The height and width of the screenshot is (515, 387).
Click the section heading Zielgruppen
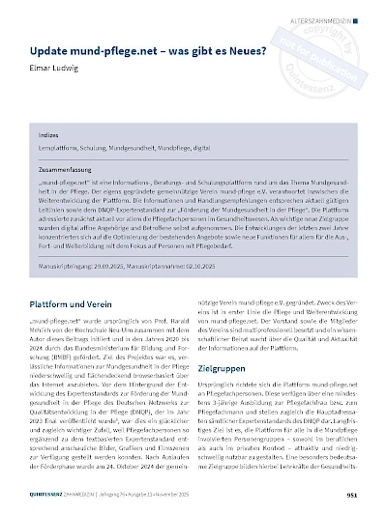(222, 367)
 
